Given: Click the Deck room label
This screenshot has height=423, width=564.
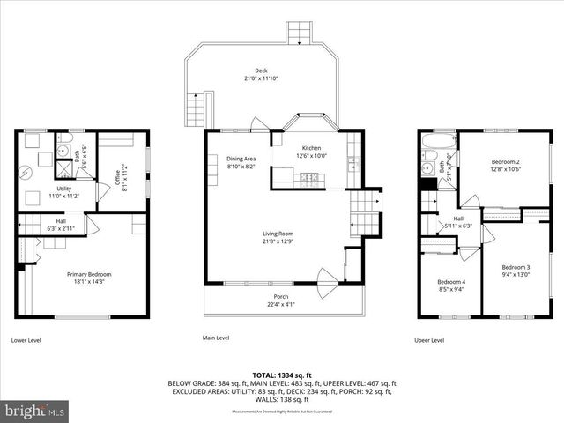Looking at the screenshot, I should click(x=261, y=70).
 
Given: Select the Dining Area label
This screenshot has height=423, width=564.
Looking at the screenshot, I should click(x=241, y=159).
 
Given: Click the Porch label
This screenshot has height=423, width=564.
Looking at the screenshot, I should click(x=281, y=296).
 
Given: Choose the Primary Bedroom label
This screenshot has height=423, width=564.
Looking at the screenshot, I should click(x=89, y=274).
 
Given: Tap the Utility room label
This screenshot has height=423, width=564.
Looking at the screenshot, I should click(x=64, y=189).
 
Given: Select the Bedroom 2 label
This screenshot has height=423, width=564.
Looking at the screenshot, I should click(x=506, y=162).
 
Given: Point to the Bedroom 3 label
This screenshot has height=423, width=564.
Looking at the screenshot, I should click(x=516, y=267).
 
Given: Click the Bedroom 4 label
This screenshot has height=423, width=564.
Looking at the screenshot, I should click(x=449, y=282).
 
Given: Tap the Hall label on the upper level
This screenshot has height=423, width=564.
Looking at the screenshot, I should click(x=458, y=219).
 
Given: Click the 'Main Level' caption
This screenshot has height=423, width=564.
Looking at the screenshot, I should click(x=216, y=338).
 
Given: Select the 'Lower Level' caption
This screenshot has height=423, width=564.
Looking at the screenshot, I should click(x=26, y=339).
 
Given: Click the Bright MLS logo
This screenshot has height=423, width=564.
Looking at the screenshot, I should click(x=35, y=411).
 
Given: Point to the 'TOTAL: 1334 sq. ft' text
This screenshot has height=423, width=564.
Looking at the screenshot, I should click(x=282, y=375).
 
